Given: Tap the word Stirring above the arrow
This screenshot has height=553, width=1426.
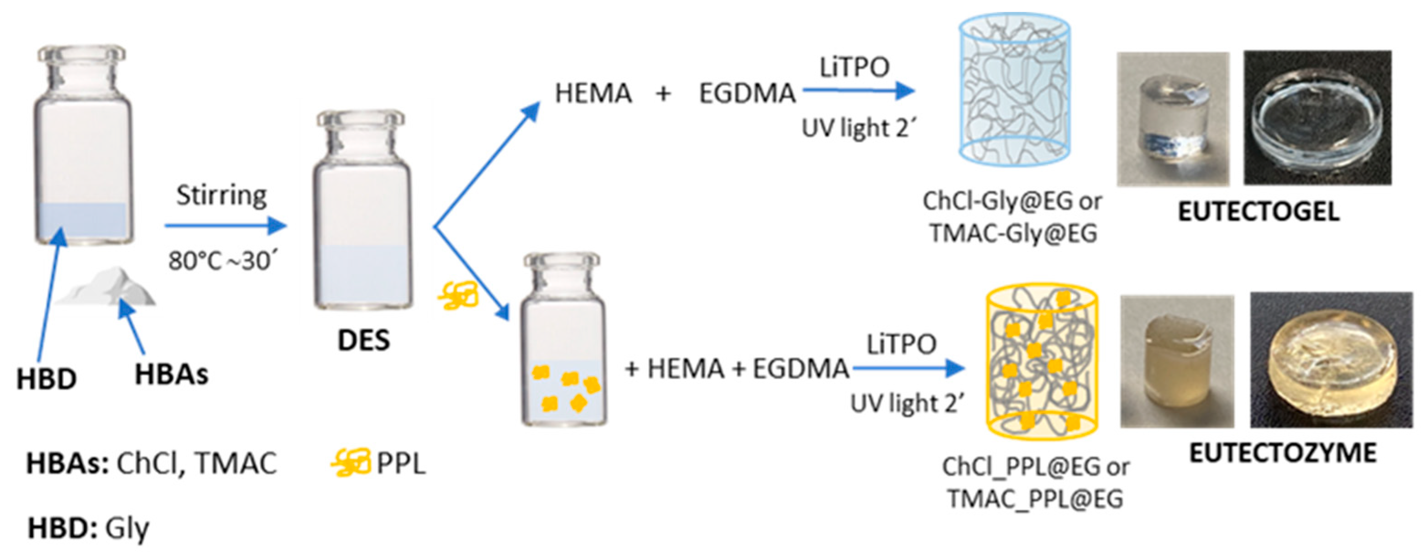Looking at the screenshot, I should (x=221, y=195).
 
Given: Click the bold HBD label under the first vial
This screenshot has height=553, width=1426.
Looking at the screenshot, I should (x=47, y=380).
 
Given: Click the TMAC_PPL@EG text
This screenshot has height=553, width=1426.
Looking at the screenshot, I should (x=1035, y=499).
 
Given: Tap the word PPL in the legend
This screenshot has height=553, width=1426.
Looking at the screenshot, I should (x=401, y=463).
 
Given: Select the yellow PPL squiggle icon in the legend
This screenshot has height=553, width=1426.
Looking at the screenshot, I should (x=351, y=463).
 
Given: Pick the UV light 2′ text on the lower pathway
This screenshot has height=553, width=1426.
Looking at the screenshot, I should (x=907, y=404).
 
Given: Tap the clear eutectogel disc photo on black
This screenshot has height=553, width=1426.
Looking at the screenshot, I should (x=1317, y=117).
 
